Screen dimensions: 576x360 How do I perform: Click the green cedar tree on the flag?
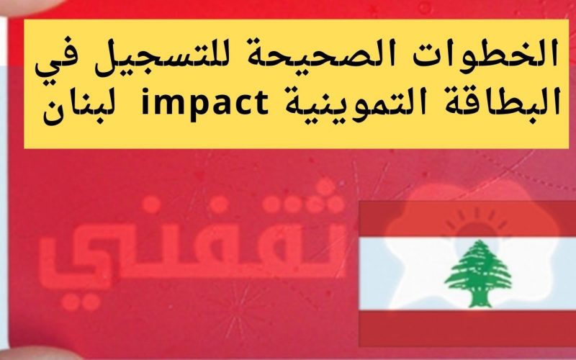point(478,274)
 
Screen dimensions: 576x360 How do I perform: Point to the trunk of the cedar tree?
point(480,300)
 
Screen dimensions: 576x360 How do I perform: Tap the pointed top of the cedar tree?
point(479,241)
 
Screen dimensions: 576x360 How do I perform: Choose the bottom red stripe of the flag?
point(467,328)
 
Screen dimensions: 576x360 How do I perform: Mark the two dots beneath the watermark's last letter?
point(81,302)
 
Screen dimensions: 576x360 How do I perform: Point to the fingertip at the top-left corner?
point(30,6)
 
